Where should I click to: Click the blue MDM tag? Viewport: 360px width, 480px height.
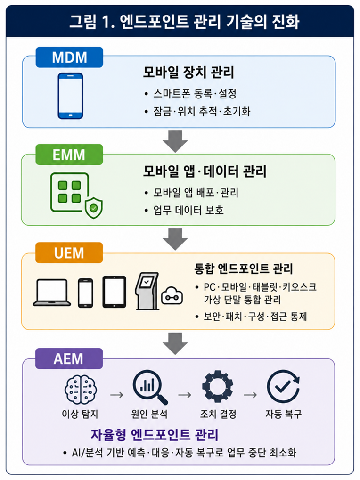[69, 57]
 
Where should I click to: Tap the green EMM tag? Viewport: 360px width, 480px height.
[69, 155]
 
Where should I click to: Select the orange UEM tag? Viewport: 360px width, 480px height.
[69, 253]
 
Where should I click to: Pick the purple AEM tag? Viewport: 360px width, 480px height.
[69, 358]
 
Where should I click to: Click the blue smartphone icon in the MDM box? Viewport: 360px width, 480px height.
[70, 96]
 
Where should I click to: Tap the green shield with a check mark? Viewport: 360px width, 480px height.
[94, 208]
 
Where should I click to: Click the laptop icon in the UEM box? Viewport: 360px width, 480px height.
[52, 293]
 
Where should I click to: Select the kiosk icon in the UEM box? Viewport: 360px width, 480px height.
[147, 291]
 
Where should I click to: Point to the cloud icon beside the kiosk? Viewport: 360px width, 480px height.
[172, 296]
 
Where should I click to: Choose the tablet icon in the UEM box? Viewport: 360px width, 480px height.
[114, 292]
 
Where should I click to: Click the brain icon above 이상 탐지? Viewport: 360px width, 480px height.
[81, 389]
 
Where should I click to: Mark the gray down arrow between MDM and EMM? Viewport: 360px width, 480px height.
[175, 141]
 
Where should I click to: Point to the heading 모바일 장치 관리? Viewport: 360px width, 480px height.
[188, 72]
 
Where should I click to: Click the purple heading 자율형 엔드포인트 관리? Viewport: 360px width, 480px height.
[155, 434]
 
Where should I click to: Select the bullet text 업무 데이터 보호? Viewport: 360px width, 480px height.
[188, 210]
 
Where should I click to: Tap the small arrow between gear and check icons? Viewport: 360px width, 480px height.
[250, 395]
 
